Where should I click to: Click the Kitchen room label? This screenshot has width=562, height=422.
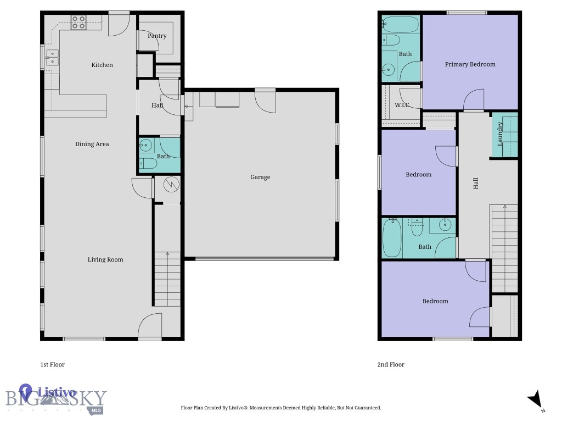(102, 65)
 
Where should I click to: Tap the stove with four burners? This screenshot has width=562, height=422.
(78, 23)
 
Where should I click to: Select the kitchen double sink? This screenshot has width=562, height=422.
(52, 58)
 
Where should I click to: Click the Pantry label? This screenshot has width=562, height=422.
(157, 36)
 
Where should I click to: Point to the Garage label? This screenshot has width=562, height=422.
(260, 177)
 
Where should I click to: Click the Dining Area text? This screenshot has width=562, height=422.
(92, 144)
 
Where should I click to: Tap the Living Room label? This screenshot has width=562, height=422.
(105, 259)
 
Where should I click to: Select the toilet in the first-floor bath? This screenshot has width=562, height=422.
(147, 164)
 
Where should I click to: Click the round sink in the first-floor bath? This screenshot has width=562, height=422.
(146, 146)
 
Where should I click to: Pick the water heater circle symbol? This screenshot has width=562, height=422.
(170, 184)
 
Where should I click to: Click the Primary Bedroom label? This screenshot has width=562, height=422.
(470, 64)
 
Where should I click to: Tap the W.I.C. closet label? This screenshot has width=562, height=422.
(402, 105)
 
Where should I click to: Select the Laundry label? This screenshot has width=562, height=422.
(500, 134)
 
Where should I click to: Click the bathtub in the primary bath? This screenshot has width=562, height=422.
(401, 24)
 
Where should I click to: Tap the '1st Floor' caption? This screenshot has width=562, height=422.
(53, 364)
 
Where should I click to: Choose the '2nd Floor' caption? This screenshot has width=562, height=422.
(391, 364)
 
